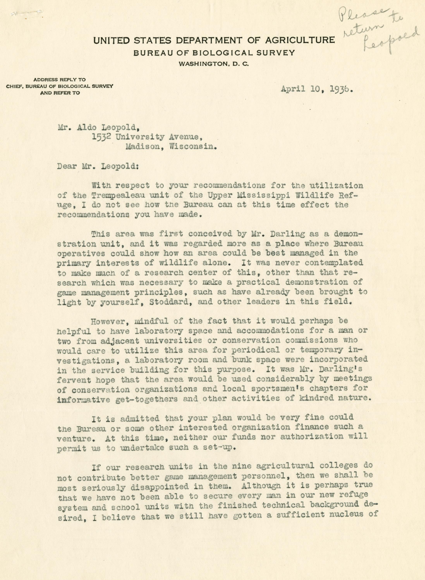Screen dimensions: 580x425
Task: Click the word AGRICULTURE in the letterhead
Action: coord(300,40)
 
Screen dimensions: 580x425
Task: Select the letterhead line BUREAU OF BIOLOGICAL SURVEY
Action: coord(214,53)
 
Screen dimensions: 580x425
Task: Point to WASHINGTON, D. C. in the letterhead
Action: coord(214,64)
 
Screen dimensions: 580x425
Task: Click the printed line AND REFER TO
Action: coord(60,93)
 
